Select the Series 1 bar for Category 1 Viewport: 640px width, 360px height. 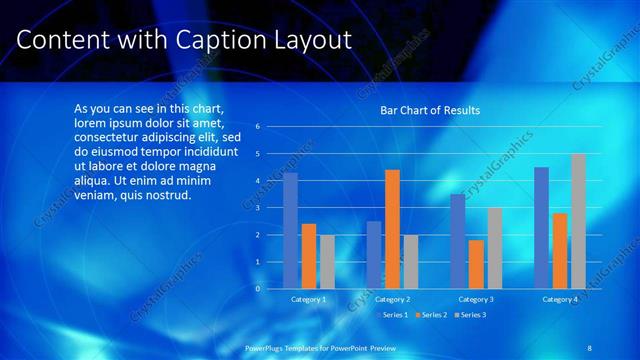[290, 231]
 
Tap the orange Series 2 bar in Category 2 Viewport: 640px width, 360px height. [392, 229]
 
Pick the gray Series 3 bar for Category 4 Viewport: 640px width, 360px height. [578, 221]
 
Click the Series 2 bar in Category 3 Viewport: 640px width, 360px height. [475, 264]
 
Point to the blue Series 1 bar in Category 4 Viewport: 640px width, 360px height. [541, 228]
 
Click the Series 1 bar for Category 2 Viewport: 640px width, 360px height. [373, 255]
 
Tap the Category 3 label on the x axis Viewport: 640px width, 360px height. [476, 299]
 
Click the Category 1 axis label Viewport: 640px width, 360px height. [308, 299]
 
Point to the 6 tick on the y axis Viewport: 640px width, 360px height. [257, 127]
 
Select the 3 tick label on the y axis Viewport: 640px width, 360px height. [257, 208]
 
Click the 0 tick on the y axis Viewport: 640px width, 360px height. [257, 289]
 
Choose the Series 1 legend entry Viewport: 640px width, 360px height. [393, 315]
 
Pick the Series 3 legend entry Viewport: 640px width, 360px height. [471, 315]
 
